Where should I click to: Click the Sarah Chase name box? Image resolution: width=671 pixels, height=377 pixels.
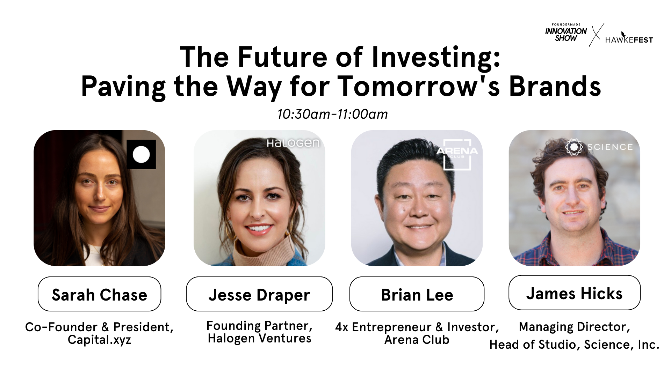99,294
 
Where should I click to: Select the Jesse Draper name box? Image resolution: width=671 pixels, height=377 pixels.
259,294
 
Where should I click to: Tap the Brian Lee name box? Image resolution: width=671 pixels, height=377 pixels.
417,294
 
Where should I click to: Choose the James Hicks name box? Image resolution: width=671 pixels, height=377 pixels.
575,293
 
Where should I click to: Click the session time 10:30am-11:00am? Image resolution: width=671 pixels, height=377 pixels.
332,114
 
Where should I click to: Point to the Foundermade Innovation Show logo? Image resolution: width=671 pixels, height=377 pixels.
566,32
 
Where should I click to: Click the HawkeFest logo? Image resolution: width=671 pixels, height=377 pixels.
629,38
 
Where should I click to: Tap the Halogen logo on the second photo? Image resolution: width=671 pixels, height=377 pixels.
293,143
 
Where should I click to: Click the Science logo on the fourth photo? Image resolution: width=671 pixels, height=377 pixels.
599,147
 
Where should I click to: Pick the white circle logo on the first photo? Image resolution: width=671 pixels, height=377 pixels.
141,154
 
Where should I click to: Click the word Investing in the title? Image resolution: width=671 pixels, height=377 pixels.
436,58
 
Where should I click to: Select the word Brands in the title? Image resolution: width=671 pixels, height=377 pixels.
555,86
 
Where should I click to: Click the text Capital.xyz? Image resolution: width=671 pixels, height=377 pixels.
99,340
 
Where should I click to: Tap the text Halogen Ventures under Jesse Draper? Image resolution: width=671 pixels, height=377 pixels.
259,338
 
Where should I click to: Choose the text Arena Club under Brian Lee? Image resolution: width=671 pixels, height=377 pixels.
417,340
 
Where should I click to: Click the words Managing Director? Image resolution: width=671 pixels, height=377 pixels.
575,327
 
